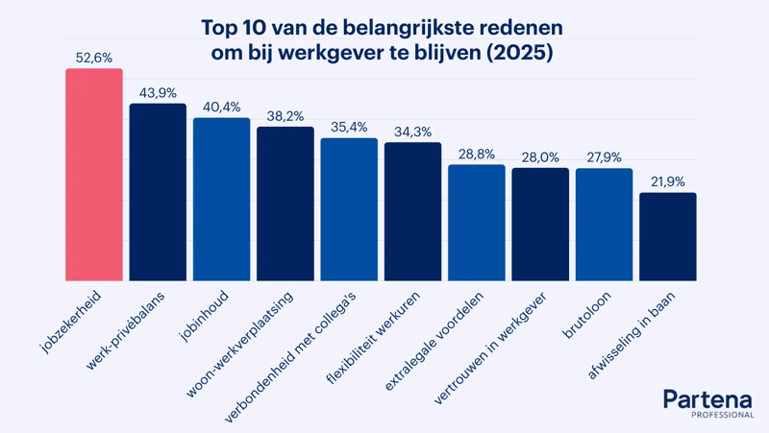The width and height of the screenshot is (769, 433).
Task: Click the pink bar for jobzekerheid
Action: pos(94,175)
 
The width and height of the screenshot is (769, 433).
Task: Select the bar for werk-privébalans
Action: pos(158,192)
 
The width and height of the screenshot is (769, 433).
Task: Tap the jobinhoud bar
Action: pos(222,200)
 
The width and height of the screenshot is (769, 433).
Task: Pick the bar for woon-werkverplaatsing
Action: pos(285,204)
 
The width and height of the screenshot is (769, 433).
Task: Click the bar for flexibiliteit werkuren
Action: pos(413,211)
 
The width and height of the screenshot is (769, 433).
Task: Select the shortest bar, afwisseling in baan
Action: pos(668,236)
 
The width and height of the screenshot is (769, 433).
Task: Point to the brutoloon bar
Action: pos(605,225)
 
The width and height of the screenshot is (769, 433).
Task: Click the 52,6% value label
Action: pos(94,58)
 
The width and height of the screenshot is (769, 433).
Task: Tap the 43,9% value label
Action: pos(158,93)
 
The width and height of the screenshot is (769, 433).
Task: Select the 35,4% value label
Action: pos(349,128)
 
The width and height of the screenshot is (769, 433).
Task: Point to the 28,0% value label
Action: pos(540,157)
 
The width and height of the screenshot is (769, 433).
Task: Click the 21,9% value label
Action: pos(668,181)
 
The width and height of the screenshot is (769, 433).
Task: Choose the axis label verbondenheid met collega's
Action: pos(290,357)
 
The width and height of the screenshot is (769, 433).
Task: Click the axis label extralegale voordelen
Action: pos(434,342)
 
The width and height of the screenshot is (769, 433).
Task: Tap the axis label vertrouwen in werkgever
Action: pos(490,349)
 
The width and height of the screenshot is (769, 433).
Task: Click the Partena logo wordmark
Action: pos(707,399)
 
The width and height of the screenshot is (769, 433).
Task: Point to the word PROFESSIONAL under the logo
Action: pos(723,415)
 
